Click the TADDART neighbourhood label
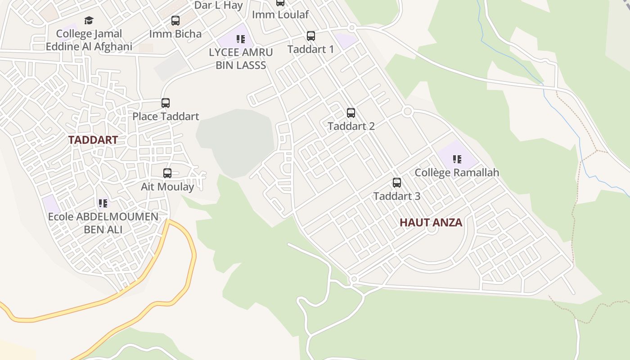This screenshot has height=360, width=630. click(93, 140)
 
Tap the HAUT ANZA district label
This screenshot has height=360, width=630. click(431, 222)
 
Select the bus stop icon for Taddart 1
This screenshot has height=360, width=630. click(310, 36)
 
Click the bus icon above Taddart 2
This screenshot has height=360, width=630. click(351, 113)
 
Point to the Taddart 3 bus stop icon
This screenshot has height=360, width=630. click(397, 183)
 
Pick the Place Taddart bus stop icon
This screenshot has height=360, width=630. click(166, 103)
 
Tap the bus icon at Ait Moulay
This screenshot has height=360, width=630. click(167, 173)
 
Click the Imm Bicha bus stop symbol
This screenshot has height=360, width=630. click(175, 21)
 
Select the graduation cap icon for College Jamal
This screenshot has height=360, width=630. click(89, 21)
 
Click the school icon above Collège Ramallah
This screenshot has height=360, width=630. click(457, 159)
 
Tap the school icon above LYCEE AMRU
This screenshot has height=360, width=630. click(241, 39)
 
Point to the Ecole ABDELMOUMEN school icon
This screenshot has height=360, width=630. click(103, 203)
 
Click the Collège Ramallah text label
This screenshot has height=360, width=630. click(457, 172)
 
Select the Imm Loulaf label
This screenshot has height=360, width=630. click(280, 14)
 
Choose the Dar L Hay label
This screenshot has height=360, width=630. click(218, 5)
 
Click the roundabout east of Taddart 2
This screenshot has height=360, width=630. click(408, 111)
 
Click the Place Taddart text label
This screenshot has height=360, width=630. click(166, 117)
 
